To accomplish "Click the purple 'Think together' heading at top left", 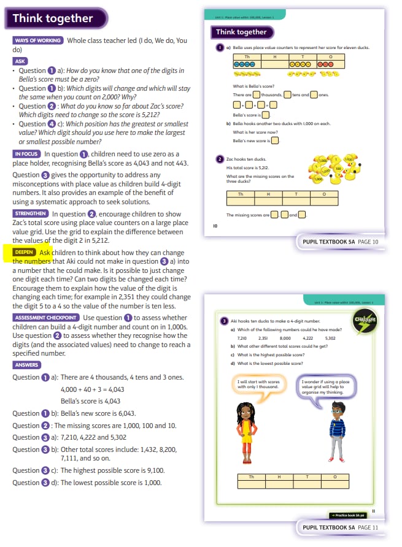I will tap(53, 18).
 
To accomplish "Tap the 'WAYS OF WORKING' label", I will tap(37, 40).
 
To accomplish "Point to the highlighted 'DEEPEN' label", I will tap(25, 252).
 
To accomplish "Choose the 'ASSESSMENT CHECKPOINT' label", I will tap(45, 318).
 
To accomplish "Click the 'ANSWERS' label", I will tap(26, 365).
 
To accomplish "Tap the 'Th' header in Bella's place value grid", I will tap(247, 56).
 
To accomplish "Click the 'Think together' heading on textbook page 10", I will tap(242, 32).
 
